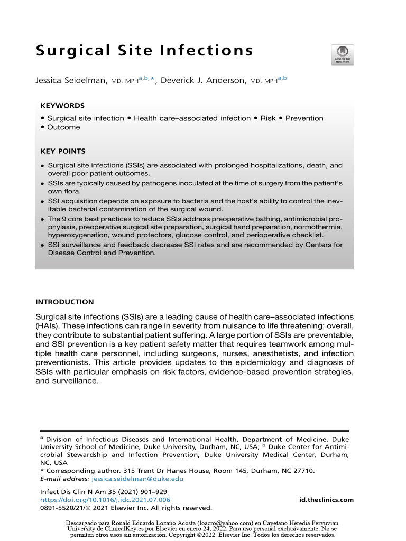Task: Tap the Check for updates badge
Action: [x=343, y=55]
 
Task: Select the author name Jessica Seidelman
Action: [x=71, y=81]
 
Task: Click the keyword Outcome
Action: [x=63, y=127]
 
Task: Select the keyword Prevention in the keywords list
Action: [x=304, y=118]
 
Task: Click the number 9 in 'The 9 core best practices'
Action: [x=64, y=218]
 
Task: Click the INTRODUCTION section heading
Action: [x=64, y=302]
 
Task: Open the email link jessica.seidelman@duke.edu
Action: [x=137, y=479]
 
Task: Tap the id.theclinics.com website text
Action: [x=326, y=500]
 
